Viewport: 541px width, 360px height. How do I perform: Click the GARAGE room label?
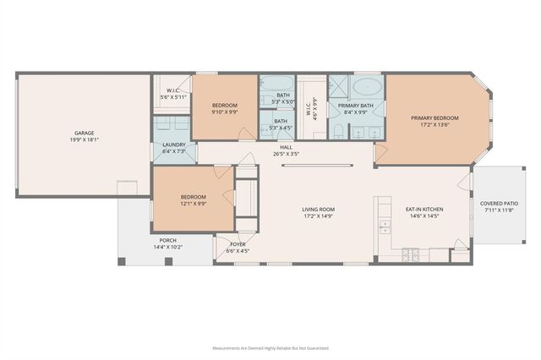(84, 133)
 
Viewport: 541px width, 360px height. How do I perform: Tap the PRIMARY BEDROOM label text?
(434, 117)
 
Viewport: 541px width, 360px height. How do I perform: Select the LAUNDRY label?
(173, 145)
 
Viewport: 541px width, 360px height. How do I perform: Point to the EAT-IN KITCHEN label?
(425, 210)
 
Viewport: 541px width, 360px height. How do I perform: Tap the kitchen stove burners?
(411, 254)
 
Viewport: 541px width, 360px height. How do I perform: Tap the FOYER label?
(238, 244)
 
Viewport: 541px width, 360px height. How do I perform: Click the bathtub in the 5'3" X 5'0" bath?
(275, 85)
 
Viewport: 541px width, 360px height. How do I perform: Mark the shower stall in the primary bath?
(339, 88)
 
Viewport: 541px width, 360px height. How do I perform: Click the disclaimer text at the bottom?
(270, 347)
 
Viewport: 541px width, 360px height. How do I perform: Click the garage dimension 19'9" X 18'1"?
(84, 139)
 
